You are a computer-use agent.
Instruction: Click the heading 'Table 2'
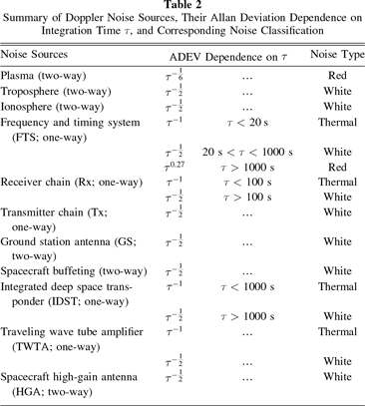182,6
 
